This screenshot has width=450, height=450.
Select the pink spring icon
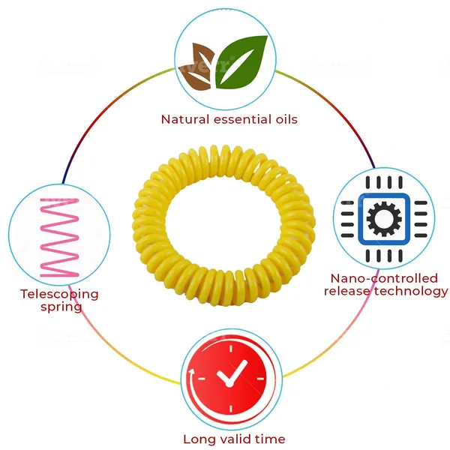click(59, 237)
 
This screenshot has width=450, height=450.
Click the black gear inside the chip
click(384, 219)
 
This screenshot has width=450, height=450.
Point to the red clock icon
click(231, 379)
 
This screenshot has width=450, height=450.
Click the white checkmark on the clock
click(231, 373)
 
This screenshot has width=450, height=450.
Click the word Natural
click(185, 119)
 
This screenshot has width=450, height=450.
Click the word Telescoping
click(59, 295)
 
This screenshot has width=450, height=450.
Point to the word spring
click(61, 307)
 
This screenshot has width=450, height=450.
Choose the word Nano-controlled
click(384, 278)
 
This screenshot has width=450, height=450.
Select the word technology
click(411, 292)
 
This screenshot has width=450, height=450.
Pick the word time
click(270, 439)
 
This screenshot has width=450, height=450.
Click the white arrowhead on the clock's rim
click(191, 372)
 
